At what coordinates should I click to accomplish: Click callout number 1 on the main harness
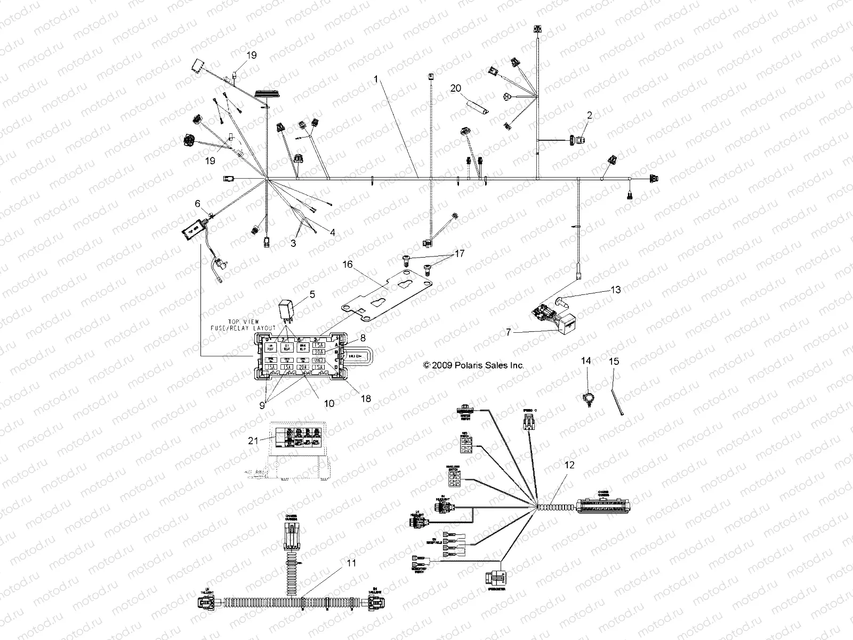[x=376, y=79]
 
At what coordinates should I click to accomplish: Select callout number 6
[x=198, y=204]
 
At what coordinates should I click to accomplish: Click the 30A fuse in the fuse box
[x=318, y=352]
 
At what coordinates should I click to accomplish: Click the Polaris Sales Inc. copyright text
[x=473, y=365]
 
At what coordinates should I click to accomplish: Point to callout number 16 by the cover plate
[x=348, y=265]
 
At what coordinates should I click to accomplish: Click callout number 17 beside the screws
[x=458, y=254]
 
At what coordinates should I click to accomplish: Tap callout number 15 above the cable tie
[x=614, y=362]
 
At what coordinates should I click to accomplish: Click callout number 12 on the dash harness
[x=569, y=465]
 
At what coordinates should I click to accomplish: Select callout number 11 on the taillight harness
[x=350, y=563]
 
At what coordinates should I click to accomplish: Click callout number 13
[x=616, y=290]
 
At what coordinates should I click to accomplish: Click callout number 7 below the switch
[x=509, y=332]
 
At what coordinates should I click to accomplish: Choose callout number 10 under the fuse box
[x=329, y=404]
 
